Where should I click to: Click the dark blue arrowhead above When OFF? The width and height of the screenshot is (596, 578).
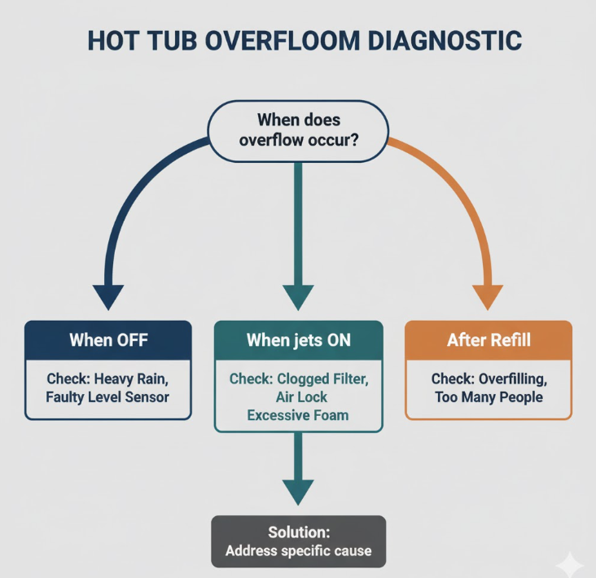pos(108,296)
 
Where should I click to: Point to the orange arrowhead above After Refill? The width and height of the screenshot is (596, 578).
pos(488,296)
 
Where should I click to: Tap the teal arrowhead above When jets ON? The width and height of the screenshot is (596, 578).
pos(298,296)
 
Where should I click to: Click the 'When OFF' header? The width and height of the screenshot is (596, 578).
pos(108,339)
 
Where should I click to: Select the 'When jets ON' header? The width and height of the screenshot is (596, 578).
pos(298,339)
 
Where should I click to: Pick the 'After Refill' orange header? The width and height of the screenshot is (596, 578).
pos(489,339)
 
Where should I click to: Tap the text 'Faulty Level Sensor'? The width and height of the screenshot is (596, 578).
pos(108,397)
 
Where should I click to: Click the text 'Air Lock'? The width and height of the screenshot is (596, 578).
pos(298,397)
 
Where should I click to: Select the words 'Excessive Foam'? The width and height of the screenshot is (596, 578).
pos(298,415)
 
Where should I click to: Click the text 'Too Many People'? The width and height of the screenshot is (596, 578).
pos(489,397)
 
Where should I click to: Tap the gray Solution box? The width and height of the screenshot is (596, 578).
pos(298,541)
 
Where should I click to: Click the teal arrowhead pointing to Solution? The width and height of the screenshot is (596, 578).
pos(298,492)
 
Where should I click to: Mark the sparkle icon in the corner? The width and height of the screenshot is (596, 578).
pos(569,564)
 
